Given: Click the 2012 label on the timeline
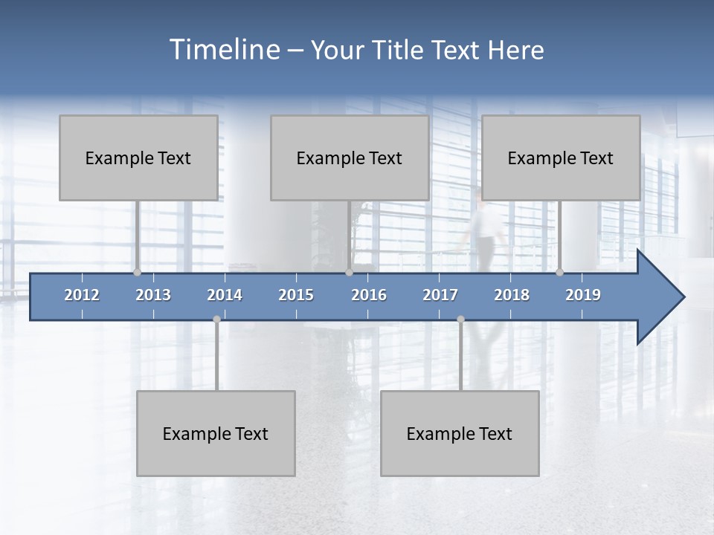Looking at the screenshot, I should coord(82,295).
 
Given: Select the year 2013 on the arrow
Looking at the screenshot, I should coord(153,295).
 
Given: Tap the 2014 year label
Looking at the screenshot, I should coord(225,295).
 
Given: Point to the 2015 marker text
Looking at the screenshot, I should coord(296,295).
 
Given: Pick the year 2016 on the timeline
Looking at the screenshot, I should coord(369,295).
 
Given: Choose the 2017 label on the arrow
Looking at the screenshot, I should coord(440,295).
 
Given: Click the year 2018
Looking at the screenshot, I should coord(512,295).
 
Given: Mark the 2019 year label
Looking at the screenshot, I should coord(583,295).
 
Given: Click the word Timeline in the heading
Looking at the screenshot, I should coord(223,50).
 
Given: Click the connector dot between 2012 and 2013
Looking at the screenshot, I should coord(137,272).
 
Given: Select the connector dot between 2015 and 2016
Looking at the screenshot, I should coord(349,272).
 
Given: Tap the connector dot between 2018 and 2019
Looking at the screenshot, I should coord(559,272).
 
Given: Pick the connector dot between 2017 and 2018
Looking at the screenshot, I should coord(460,319).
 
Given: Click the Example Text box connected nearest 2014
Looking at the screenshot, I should coord(216,433).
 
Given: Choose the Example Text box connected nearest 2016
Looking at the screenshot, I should coord(350,158).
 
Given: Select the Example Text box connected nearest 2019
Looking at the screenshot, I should coord(561,158).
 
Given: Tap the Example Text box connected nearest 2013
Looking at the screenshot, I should coord(138,158).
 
